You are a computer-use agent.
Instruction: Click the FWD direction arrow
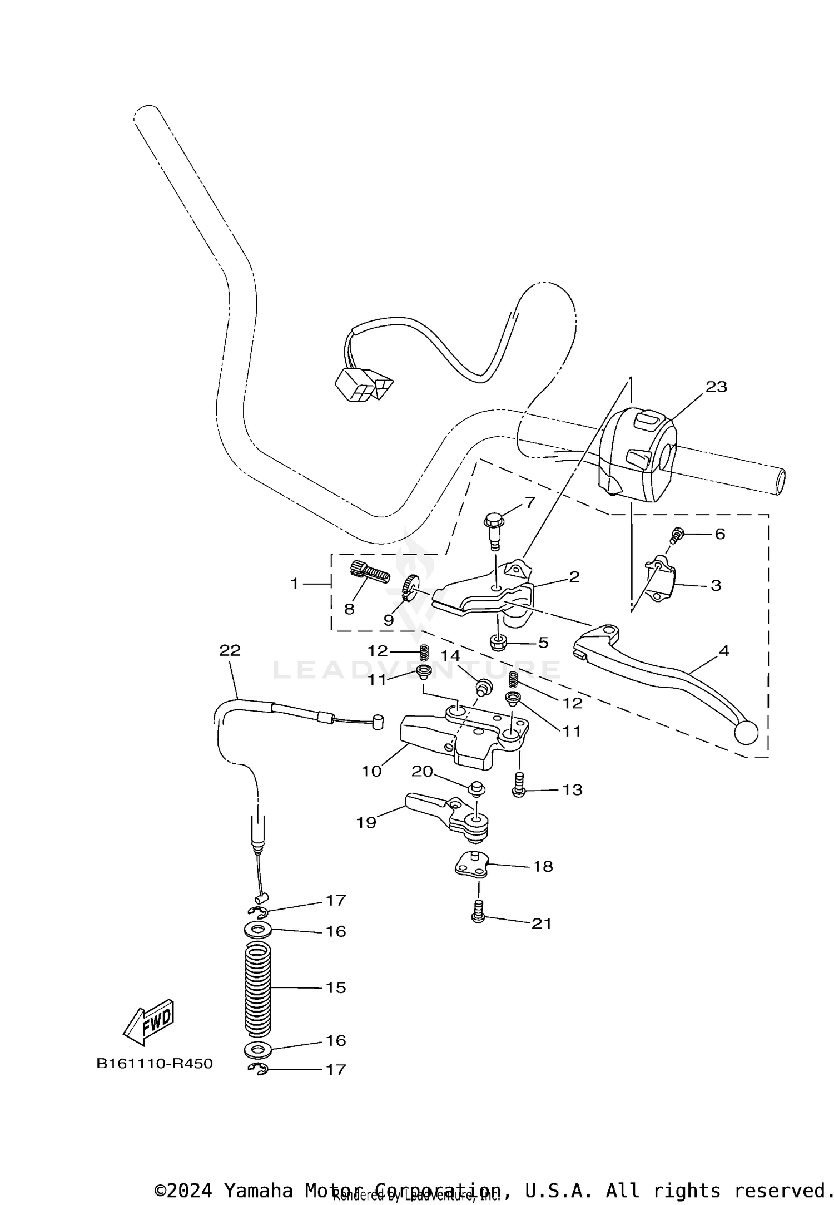click(149, 1023)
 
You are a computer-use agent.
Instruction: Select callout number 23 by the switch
click(716, 387)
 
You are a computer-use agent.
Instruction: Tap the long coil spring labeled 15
click(258, 987)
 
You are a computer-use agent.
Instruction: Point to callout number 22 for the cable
click(230, 650)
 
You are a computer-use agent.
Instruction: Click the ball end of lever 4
click(746, 733)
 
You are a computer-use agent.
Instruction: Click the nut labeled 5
click(497, 643)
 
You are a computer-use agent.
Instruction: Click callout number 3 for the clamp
click(716, 585)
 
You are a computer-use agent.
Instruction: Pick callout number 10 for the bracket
click(371, 771)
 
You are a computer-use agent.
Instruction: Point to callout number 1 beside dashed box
click(295, 584)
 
